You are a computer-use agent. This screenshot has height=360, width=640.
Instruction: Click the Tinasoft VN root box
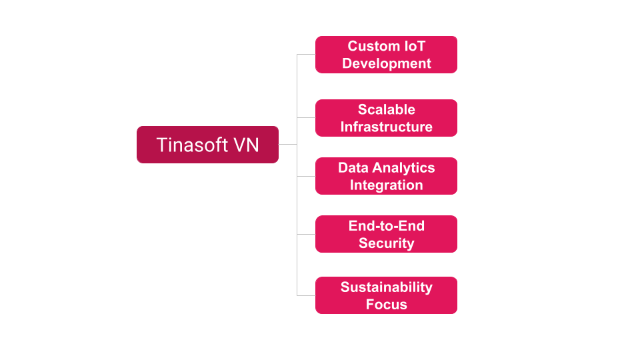(x=207, y=145)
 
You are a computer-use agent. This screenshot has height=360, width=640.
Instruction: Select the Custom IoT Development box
(x=386, y=55)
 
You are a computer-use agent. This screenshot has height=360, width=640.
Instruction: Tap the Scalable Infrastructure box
(x=386, y=118)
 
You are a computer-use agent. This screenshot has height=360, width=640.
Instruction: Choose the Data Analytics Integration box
(x=386, y=176)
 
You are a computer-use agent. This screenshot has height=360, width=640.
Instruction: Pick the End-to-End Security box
(x=386, y=234)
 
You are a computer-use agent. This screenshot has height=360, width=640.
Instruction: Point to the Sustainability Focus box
(x=386, y=295)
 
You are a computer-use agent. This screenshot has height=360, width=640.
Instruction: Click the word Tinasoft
(x=192, y=145)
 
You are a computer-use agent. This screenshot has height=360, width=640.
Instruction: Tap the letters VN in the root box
(x=246, y=145)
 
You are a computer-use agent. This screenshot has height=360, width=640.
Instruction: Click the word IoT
(x=415, y=46)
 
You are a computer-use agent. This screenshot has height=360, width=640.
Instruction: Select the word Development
(x=387, y=64)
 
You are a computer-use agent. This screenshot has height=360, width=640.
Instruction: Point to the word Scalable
(x=387, y=109)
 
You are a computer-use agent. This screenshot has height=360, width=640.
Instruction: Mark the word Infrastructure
(x=387, y=127)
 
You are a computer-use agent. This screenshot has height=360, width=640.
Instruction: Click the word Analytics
(x=404, y=168)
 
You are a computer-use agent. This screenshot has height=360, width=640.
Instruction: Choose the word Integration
(x=387, y=185)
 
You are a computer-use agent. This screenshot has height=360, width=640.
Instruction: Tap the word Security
(x=387, y=243)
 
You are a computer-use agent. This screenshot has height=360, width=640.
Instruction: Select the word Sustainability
(x=387, y=287)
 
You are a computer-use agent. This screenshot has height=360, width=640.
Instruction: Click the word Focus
(x=387, y=305)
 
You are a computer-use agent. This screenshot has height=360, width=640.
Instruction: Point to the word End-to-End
(x=387, y=226)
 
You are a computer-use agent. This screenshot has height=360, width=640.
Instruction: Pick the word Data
(x=353, y=168)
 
